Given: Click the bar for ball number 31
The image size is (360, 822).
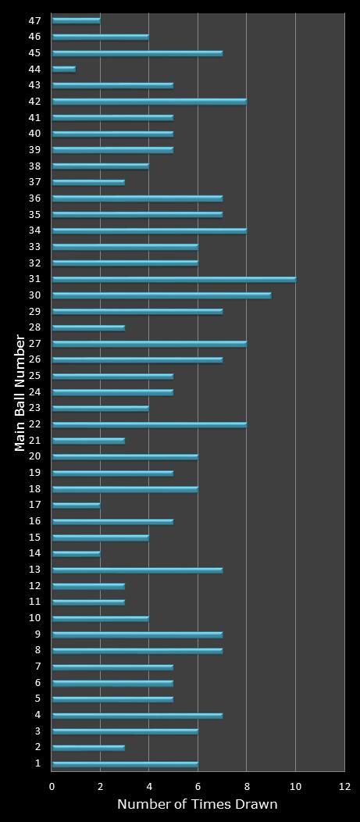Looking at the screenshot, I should point(173,279).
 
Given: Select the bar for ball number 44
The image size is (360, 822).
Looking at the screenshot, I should point(63,69).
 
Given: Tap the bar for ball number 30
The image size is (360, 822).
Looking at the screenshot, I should point(162,295).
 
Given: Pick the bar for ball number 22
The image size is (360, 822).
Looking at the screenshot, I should point(149,424).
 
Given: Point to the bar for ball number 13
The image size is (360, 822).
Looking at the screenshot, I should point(137,570).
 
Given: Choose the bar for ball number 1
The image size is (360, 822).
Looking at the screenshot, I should point(125,763).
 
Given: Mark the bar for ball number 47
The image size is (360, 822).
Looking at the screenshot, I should point(76,20).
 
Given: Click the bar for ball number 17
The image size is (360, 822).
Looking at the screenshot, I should point(76,505).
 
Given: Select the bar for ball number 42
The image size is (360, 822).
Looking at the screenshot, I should point(149,101).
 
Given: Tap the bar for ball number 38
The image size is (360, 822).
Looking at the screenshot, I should point(100,166).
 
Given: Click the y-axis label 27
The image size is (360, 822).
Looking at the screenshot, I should point(35,344).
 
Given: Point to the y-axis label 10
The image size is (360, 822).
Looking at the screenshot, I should point(35,618).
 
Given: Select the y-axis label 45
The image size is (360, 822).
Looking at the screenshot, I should point(35,53).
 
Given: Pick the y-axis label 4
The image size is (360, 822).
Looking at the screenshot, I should point(37,715).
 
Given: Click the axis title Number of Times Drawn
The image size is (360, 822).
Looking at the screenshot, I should point(197,804).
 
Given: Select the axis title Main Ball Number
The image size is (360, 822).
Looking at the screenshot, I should point(20,392).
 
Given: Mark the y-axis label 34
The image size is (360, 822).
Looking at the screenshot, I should point(35,231).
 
